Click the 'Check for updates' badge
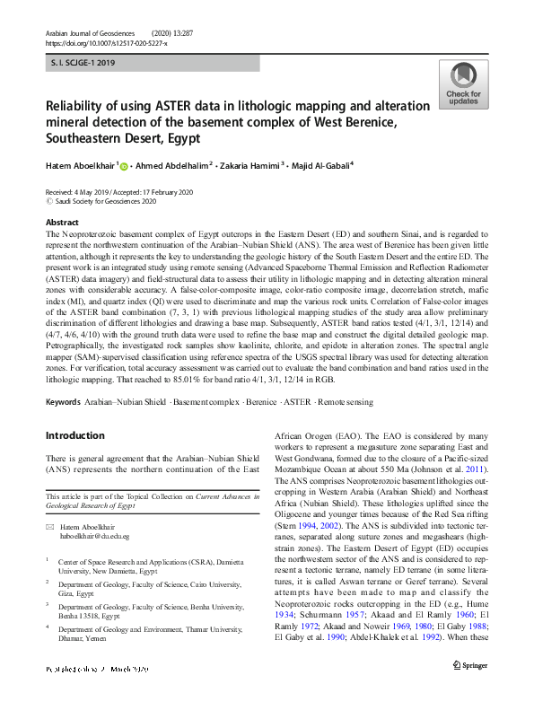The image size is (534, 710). tap(463, 85)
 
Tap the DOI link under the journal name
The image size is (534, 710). tap(105, 42)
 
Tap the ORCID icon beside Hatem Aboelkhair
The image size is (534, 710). tap(124, 165)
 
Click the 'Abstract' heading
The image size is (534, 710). tap(62, 222)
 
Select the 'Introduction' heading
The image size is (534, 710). tap(74, 435)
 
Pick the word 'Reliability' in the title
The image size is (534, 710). tap(79, 106)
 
